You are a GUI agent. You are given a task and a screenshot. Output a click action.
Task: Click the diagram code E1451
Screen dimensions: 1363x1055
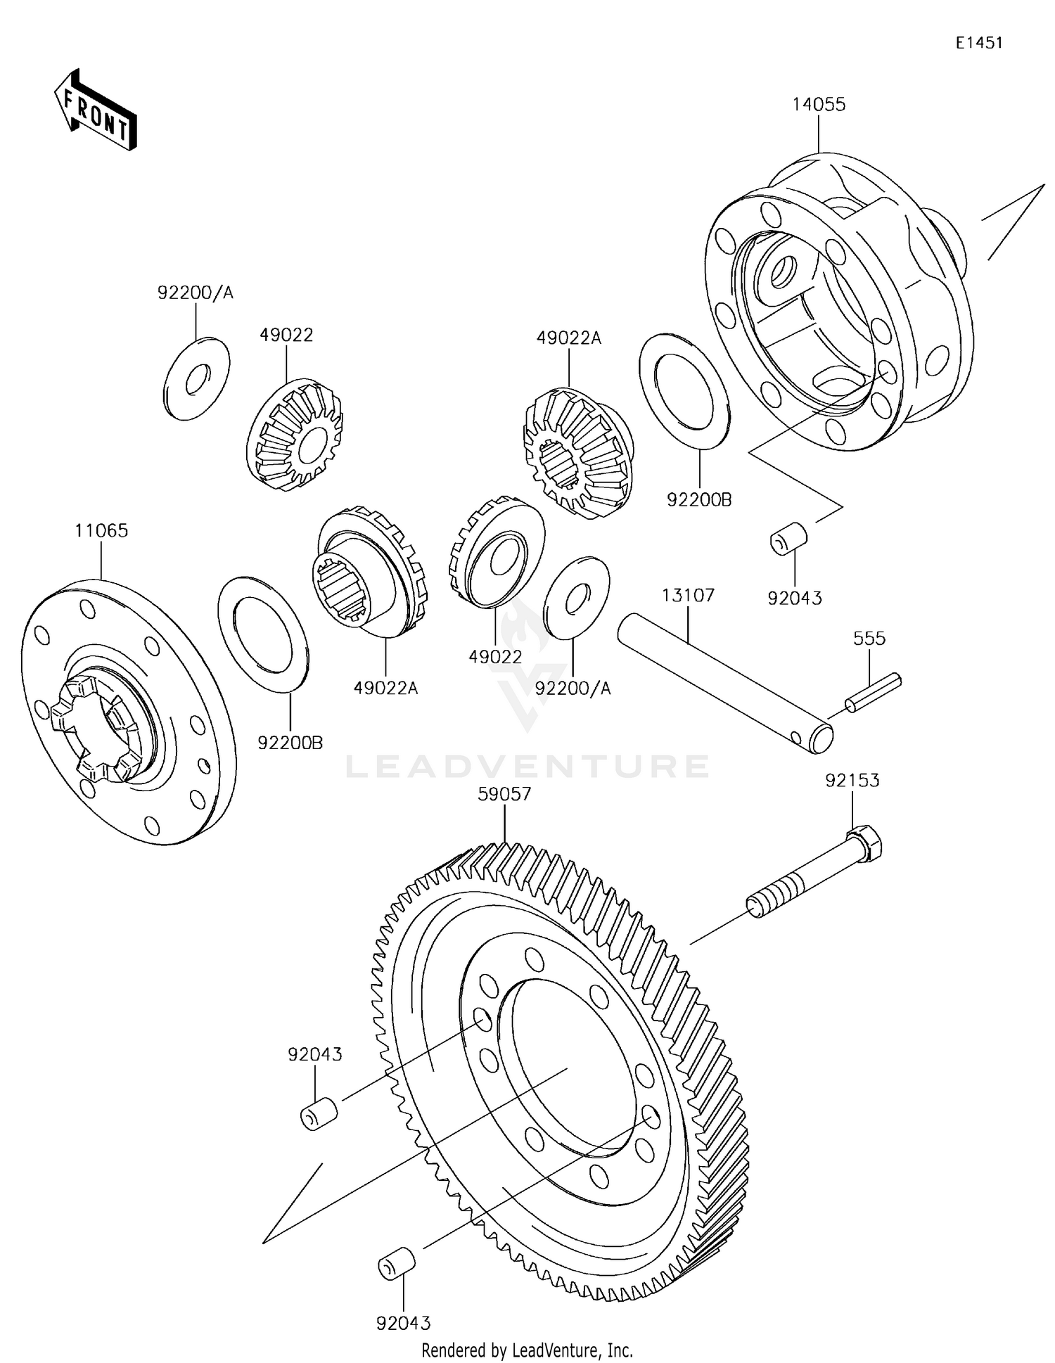978,43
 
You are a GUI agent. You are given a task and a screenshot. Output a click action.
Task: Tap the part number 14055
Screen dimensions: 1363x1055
819,105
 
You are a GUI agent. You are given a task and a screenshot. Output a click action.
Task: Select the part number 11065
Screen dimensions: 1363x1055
101,530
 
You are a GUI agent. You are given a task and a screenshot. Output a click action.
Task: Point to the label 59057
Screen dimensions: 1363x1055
504,794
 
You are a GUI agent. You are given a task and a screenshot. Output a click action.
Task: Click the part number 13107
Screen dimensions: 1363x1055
688,596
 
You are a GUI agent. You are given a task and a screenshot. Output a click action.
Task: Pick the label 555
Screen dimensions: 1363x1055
869,639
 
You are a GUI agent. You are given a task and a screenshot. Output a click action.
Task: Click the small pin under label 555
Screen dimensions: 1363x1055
873,693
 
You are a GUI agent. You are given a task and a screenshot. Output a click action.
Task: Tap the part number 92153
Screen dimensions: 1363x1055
852,780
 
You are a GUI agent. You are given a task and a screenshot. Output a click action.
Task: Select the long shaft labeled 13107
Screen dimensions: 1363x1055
724,683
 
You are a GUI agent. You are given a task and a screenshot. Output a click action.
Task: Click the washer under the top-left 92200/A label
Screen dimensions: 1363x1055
196,378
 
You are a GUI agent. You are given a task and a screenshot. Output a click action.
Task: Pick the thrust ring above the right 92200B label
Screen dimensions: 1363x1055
684,392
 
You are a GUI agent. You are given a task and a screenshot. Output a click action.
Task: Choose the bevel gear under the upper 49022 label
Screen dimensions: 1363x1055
295,435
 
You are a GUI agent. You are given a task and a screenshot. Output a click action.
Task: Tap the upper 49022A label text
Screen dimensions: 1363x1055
569,338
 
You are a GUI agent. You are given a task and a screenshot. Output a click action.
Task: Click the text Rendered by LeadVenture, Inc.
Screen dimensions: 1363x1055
527,1350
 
